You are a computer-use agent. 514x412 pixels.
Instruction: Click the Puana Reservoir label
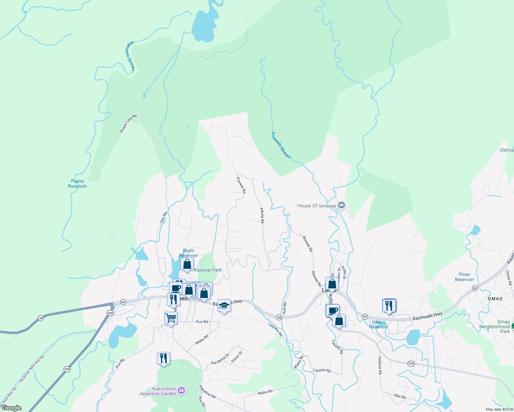[77, 184]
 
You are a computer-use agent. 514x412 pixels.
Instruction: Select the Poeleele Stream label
[281, 146]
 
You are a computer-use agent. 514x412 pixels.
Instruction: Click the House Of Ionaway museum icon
[342, 205]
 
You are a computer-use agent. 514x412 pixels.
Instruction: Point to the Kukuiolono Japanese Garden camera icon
[182, 391]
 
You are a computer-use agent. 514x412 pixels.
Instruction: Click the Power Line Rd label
[128, 123]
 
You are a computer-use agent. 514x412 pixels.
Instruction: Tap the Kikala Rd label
[262, 215]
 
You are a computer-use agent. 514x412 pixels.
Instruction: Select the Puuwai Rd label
[242, 185]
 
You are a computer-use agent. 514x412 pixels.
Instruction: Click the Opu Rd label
[164, 218]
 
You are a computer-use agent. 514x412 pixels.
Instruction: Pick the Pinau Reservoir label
[464, 277]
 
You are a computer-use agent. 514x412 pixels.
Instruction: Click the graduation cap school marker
[224, 305]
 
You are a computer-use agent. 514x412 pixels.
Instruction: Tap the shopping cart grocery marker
[171, 318]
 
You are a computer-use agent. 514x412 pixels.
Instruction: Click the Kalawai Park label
[208, 270]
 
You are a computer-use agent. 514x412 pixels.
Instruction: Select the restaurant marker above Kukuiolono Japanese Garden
[164, 358]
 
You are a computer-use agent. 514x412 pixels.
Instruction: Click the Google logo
[11, 408]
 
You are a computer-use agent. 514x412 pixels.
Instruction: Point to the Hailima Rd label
[380, 365]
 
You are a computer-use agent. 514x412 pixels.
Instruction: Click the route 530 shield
[411, 363]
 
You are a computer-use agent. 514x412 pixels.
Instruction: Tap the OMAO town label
[495, 299]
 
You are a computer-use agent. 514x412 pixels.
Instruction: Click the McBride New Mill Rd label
[32, 369]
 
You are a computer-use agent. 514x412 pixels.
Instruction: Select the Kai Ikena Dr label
[220, 359]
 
